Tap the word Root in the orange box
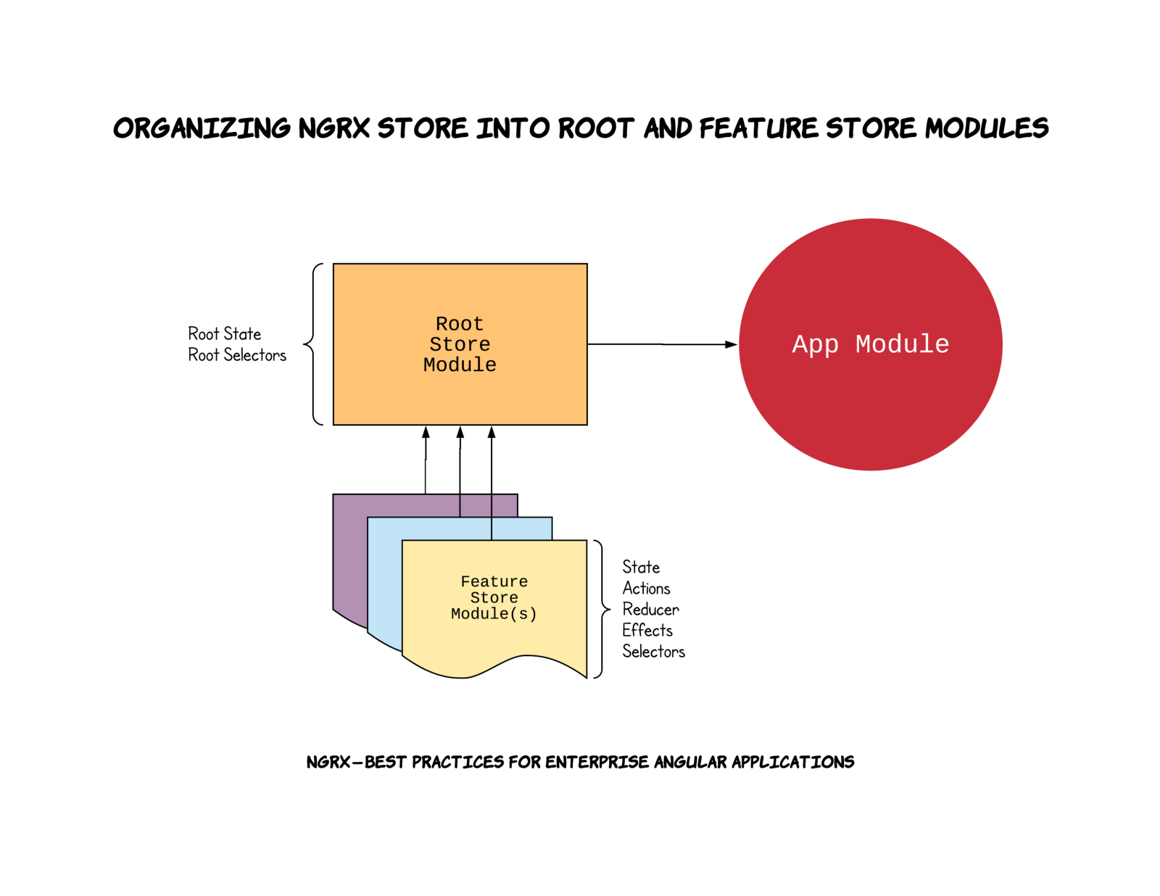click(x=460, y=323)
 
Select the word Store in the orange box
click(x=460, y=344)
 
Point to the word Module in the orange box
click(x=460, y=365)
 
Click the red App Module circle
click(x=870, y=413)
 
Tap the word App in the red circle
click(x=815, y=344)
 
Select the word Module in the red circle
click(x=902, y=344)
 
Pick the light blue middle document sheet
click(x=385, y=580)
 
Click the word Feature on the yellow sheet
click(x=494, y=581)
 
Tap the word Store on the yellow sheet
click(x=494, y=597)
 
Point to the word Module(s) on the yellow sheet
click(x=494, y=614)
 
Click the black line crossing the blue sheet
click(x=492, y=528)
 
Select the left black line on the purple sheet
click(x=460, y=505)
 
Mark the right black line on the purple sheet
click(x=492, y=505)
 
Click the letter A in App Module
click(x=800, y=344)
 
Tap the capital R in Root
click(x=442, y=323)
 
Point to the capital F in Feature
click(x=465, y=581)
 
